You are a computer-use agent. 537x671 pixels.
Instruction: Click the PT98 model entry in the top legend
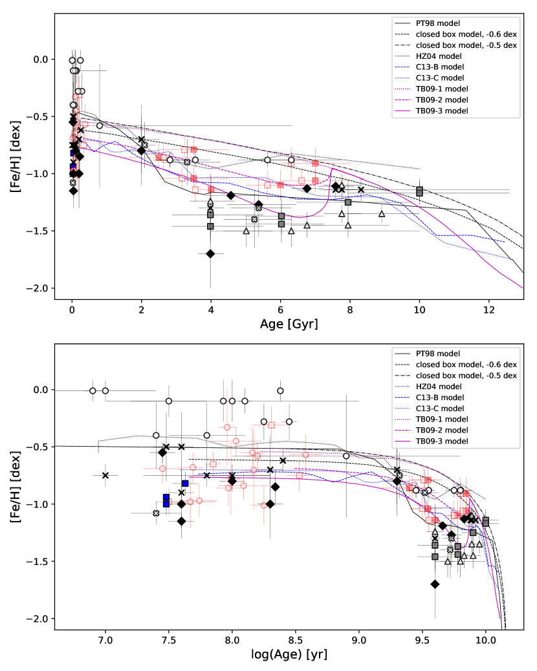pos(437,23)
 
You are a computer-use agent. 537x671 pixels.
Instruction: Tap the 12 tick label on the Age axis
pos(489,309)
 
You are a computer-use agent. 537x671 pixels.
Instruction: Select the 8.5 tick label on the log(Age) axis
pos(295,640)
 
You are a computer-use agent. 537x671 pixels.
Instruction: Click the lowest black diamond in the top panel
pos(210,253)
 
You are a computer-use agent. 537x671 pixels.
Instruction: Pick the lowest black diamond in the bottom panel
pos(435,584)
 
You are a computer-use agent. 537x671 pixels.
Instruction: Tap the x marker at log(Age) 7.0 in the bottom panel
pos(105,475)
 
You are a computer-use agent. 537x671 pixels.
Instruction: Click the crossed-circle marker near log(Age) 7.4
pos(156,513)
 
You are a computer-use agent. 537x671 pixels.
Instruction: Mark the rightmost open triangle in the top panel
pos(382,213)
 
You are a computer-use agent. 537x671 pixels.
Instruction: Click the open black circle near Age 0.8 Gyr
pos(100,125)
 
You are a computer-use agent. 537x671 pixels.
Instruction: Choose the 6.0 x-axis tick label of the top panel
pos(281,309)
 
